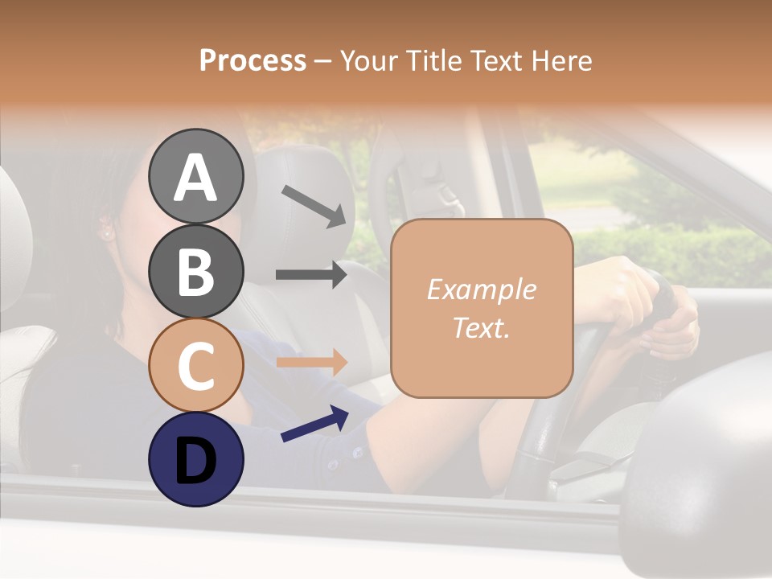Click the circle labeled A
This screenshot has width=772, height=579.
pos(195,176)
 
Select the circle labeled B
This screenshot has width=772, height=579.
pos(195,271)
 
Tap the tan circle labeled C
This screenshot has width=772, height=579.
pos(195,365)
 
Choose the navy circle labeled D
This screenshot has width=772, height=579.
pos(195,459)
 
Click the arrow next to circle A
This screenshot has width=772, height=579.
pos(314,206)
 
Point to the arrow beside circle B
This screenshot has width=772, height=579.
pos(311,274)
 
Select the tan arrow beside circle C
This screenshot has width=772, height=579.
pos(311,362)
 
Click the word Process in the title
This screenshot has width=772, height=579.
pos(253,60)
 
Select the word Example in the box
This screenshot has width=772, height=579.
pos(481,289)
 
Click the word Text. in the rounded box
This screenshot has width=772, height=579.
pos(481,328)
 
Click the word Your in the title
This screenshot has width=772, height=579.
pos(368,60)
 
